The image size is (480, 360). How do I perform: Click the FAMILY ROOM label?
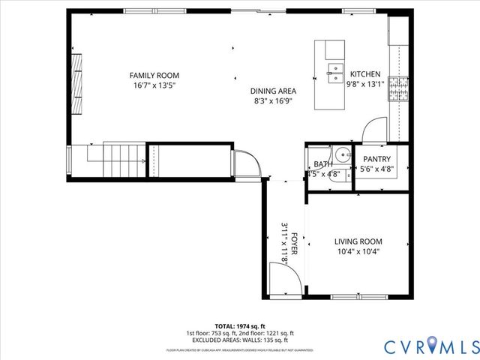tap(154, 75)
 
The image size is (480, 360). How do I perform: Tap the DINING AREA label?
tap(273, 91)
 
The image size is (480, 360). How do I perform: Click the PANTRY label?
tap(376, 159)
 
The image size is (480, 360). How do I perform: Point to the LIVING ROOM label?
tap(358, 241)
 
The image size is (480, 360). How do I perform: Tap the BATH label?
tap(323, 163)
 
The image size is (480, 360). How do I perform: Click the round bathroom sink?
tap(341, 154)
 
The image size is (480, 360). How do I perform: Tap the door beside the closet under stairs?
tap(245, 162)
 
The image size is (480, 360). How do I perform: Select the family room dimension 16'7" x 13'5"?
tap(154, 85)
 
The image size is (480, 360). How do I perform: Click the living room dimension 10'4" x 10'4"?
tap(358, 252)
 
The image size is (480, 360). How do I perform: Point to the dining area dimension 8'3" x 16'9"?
tap(273, 100)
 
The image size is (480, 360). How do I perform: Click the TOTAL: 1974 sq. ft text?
tap(240, 326)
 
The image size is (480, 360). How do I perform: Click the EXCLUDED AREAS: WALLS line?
tap(240, 340)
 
